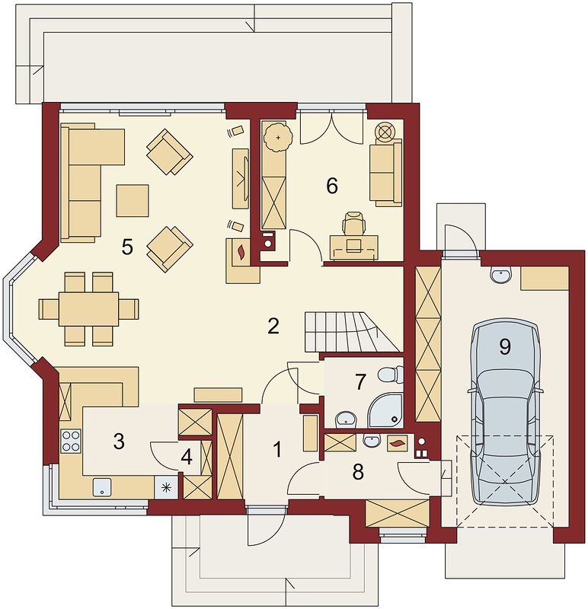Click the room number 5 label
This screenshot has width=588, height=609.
click(127, 247)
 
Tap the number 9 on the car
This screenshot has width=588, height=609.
click(505, 346)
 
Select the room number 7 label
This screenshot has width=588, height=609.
click(360, 382)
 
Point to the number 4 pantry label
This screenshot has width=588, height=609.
click(187, 458)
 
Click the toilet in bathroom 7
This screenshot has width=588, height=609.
click(391, 375)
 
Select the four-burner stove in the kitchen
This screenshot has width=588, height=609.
click(71, 441)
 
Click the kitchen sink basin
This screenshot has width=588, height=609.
click(102, 487)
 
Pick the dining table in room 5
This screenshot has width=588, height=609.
click(88, 309)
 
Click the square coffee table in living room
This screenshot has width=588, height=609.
click(133, 200)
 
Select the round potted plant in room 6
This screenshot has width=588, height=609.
click(278, 138)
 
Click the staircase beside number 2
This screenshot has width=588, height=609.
click(352, 332)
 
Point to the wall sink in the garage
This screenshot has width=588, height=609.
click(500, 275)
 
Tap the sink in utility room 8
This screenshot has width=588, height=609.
click(372, 441)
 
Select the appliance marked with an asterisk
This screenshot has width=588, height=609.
click(166, 487)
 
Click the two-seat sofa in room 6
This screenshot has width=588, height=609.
click(385, 173)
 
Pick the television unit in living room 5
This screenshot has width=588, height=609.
click(240, 179)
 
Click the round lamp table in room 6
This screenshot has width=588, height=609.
click(385, 131)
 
